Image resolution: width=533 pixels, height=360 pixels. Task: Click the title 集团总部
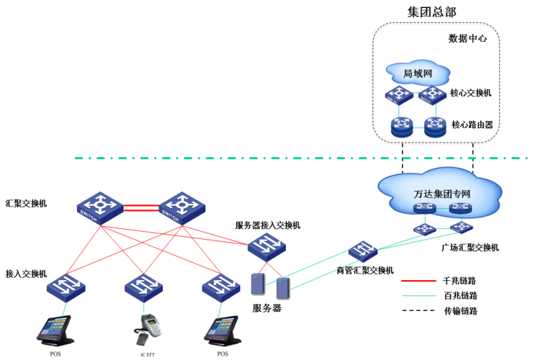[432, 12]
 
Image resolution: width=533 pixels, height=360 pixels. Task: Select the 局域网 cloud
[417, 73]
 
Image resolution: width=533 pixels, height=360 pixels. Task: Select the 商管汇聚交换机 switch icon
[362, 252]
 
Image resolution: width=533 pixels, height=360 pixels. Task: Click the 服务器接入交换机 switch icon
[266, 248]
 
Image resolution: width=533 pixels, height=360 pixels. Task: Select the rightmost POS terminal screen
[223, 325]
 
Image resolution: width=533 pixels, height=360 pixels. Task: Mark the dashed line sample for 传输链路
[417, 311]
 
